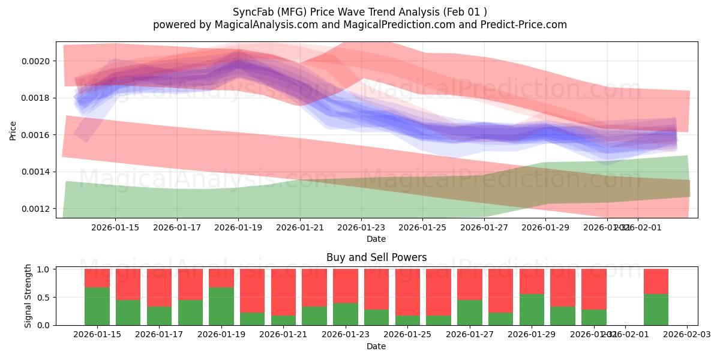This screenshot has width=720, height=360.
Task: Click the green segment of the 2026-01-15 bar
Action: coord(97,306)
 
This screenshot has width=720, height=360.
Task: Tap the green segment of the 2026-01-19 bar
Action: coord(221,306)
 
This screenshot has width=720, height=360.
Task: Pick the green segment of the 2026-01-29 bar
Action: coord(532,310)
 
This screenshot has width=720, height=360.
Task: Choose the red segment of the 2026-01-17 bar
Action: coord(160,287)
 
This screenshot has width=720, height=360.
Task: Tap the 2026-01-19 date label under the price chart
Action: coord(238,228)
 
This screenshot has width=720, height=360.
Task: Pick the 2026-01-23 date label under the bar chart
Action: coord(346,335)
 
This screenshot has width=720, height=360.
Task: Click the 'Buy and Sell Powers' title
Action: coord(376,257)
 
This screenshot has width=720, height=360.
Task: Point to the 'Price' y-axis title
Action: coord(13,130)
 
